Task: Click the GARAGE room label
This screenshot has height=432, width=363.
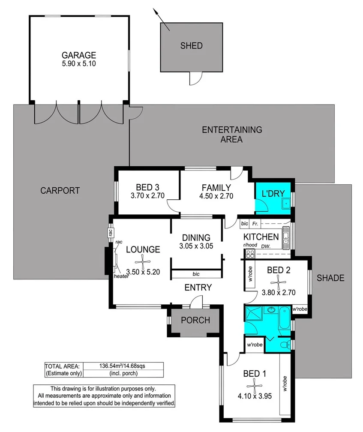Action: click(x=78, y=55)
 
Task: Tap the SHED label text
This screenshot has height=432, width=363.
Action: click(x=191, y=46)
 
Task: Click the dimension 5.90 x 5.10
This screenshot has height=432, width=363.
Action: click(x=78, y=64)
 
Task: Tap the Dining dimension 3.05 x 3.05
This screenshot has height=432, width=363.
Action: click(x=196, y=246)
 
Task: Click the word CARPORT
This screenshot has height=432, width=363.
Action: click(x=60, y=191)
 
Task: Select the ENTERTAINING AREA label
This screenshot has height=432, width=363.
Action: click(x=232, y=134)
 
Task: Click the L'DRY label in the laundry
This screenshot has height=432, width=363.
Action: click(x=273, y=193)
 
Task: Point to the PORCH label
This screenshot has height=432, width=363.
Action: click(x=195, y=320)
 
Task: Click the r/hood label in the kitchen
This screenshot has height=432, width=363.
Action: click(x=250, y=246)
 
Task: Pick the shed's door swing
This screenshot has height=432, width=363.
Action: click(x=195, y=78)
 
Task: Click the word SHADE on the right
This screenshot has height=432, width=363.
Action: click(x=330, y=278)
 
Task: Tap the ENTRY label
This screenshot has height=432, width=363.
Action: click(x=198, y=287)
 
